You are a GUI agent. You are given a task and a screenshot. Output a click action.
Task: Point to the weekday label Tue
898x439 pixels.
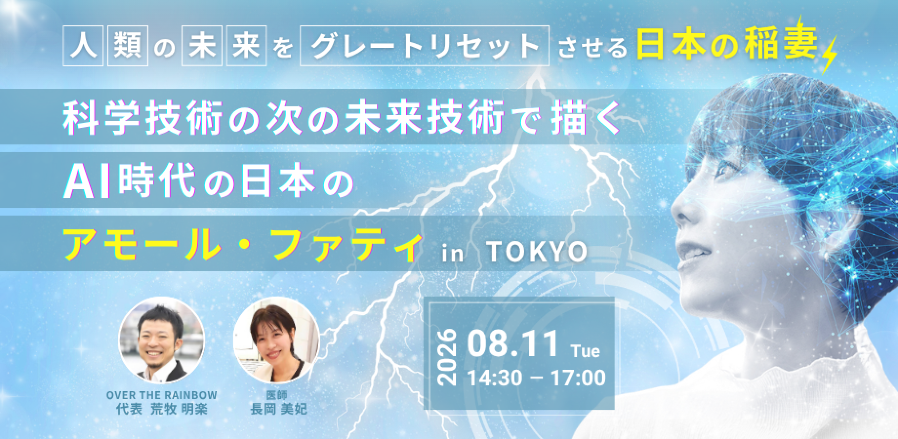coord(585,351)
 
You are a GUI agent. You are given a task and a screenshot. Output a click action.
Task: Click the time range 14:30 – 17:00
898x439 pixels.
coord(536,378)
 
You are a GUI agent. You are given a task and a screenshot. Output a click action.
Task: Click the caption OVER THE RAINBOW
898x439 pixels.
coord(162,395)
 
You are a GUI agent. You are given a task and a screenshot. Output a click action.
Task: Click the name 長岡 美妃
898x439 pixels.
coord(278,409)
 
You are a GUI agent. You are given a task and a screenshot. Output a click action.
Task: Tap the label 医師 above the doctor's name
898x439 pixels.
coord(278,395)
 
